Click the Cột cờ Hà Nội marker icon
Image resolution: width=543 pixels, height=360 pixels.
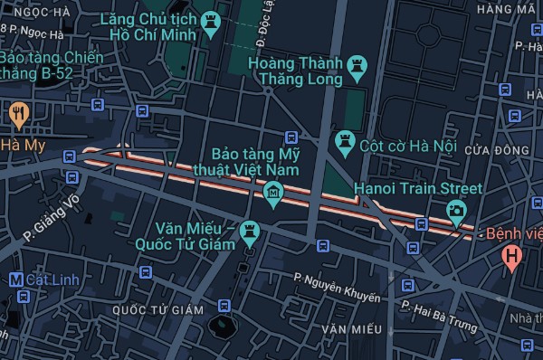tap(344, 141)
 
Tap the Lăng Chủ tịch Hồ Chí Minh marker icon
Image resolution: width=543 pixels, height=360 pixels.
tap(212, 24)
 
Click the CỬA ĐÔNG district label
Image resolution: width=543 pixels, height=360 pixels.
tap(496, 149)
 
